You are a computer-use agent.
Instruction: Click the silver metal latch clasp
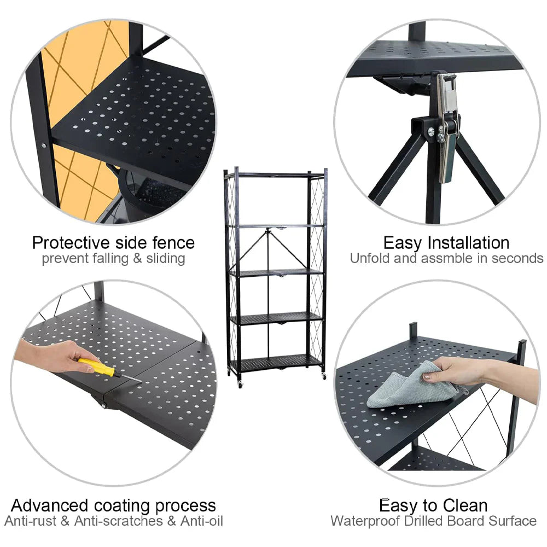pos(447,126)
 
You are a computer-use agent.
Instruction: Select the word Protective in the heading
pos(71,243)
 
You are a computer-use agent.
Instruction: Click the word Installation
pos(469,243)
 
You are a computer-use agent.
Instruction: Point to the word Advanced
pos(50,505)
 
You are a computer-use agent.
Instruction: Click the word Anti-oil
pos(202,521)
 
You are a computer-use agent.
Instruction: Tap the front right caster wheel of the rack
pos(324,377)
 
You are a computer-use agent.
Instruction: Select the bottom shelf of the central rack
pos(276,363)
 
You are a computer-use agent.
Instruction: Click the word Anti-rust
pos(30,521)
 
